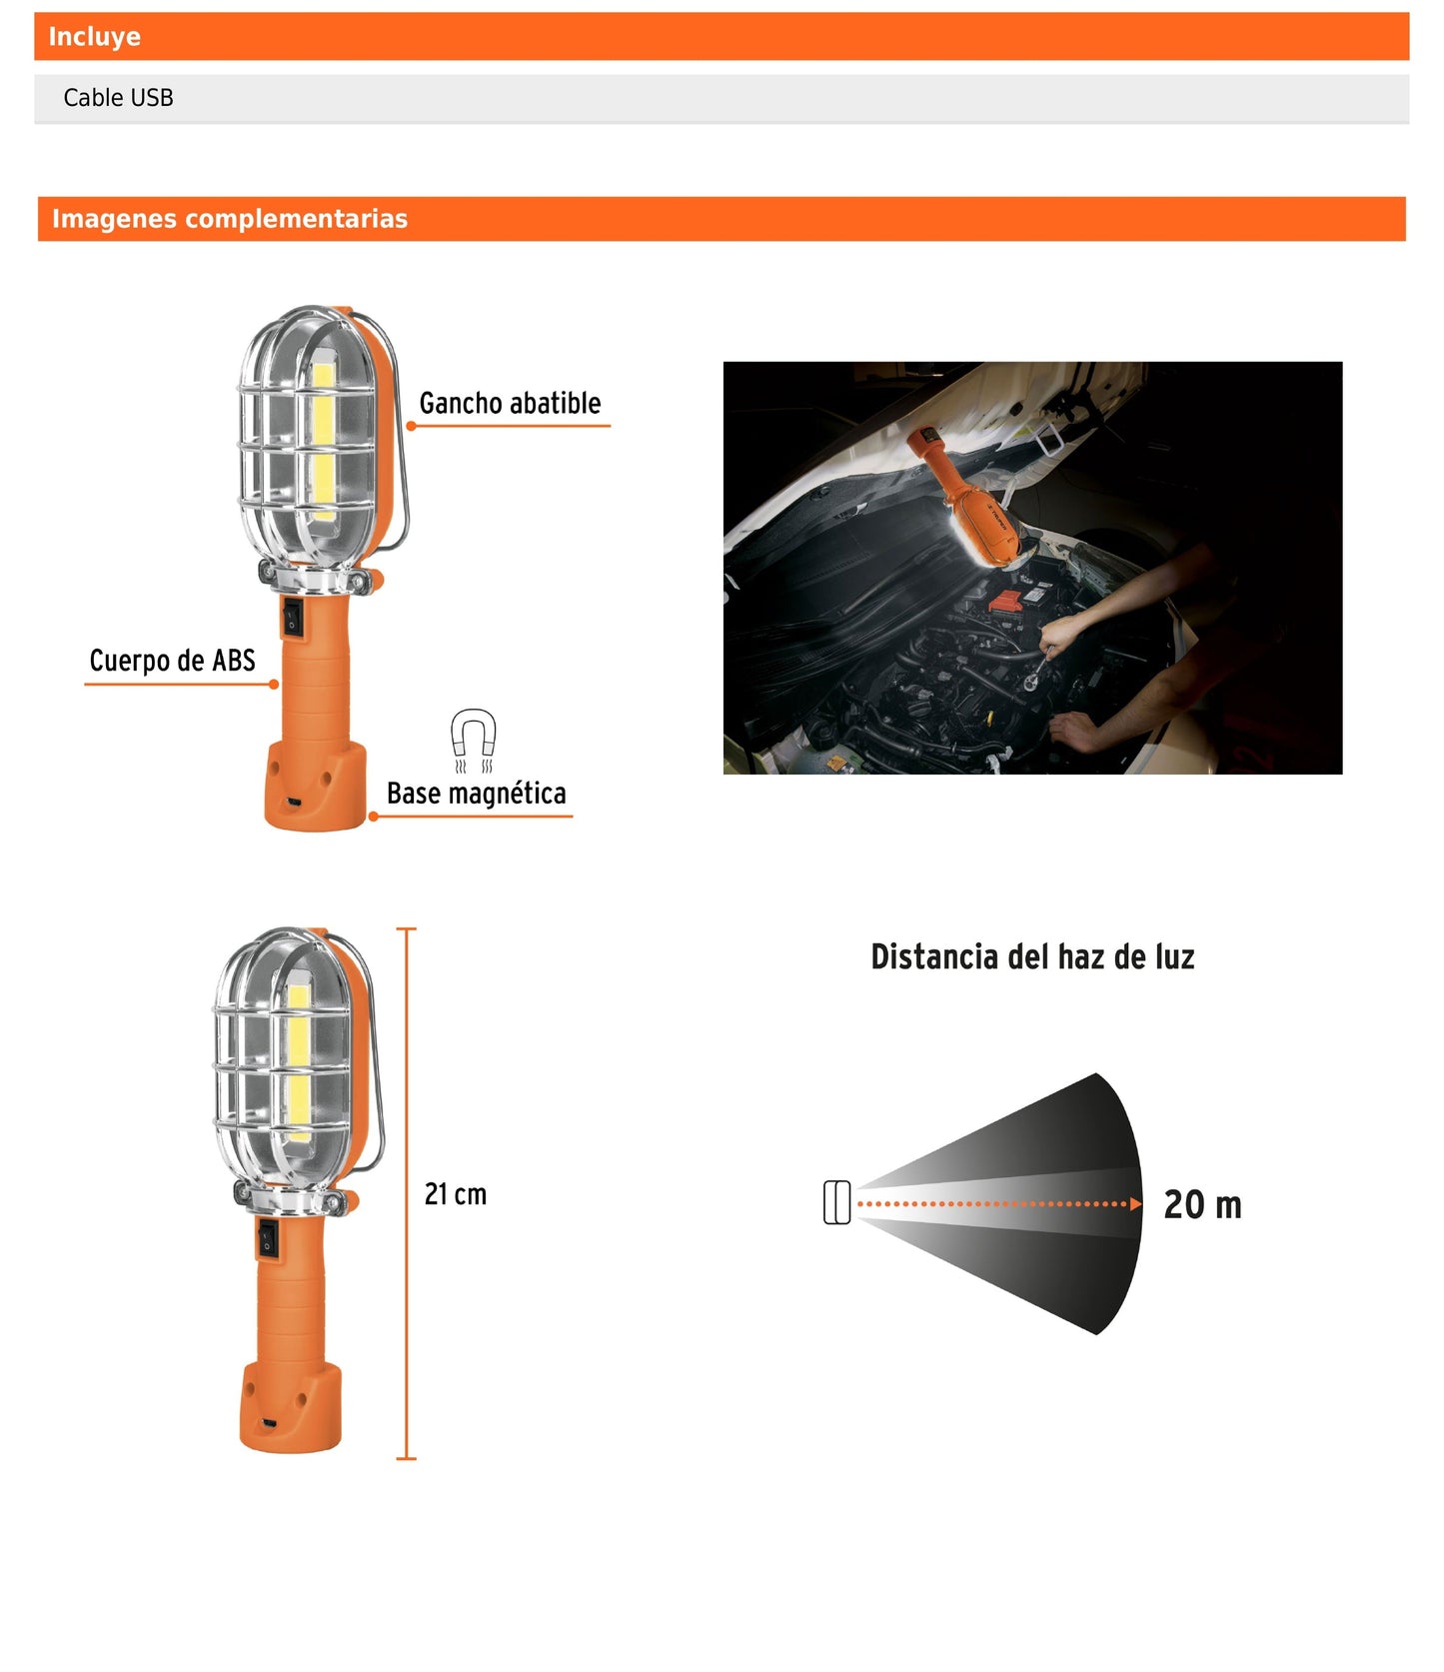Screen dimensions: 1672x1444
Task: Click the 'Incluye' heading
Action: click(x=94, y=37)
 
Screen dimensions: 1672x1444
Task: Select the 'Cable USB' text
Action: click(x=118, y=98)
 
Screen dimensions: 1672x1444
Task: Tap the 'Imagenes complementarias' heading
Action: click(x=229, y=219)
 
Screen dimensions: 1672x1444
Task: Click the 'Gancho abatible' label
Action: click(x=510, y=404)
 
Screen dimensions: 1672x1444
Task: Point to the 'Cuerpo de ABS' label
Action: click(x=172, y=661)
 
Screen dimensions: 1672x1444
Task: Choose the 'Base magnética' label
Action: click(x=476, y=794)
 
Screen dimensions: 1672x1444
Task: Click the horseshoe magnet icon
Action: click(x=473, y=738)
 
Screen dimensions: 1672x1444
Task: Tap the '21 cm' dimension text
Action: click(x=455, y=1194)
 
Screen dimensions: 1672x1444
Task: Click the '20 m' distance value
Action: click(x=1202, y=1205)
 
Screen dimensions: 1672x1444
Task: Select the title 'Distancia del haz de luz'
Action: click(x=1032, y=957)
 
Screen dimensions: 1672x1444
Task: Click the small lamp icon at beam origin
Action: click(x=836, y=1202)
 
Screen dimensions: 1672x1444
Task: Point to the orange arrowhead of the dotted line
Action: click(x=1135, y=1203)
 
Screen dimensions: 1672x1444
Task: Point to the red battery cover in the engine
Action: click(x=1005, y=602)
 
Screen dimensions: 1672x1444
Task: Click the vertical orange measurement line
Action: click(x=406, y=1193)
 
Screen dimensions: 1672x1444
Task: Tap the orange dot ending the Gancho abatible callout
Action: click(x=411, y=427)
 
